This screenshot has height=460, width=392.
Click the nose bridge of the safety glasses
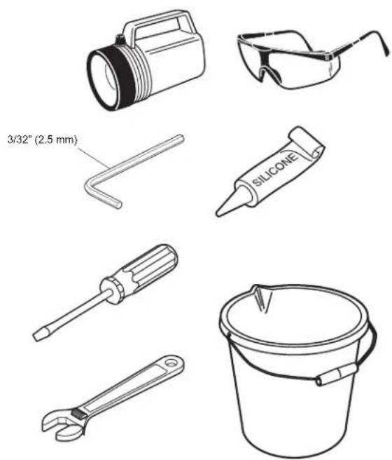pyautogui.click(x=264, y=65)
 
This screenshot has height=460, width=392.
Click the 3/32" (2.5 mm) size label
pyautogui.click(x=43, y=140)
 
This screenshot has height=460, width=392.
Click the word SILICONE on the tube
pyautogui.click(x=275, y=170)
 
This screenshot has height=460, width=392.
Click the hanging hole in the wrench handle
pyautogui.click(x=171, y=363)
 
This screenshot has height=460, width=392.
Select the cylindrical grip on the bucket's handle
pyautogui.click(x=336, y=374)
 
